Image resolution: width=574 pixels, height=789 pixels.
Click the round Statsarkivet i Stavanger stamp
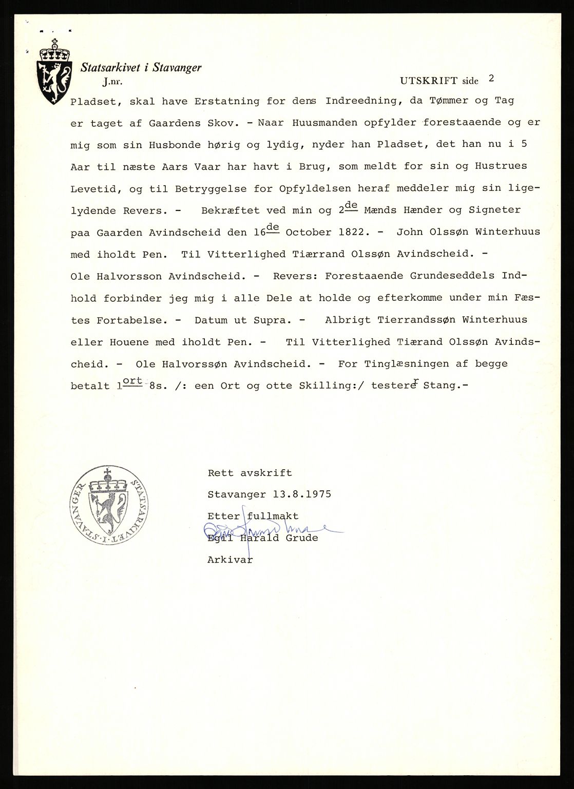[108, 504]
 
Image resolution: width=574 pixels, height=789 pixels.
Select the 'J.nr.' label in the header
[113, 81]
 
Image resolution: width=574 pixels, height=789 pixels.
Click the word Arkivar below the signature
[230, 560]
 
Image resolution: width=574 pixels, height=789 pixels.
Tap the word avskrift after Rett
[259, 473]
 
